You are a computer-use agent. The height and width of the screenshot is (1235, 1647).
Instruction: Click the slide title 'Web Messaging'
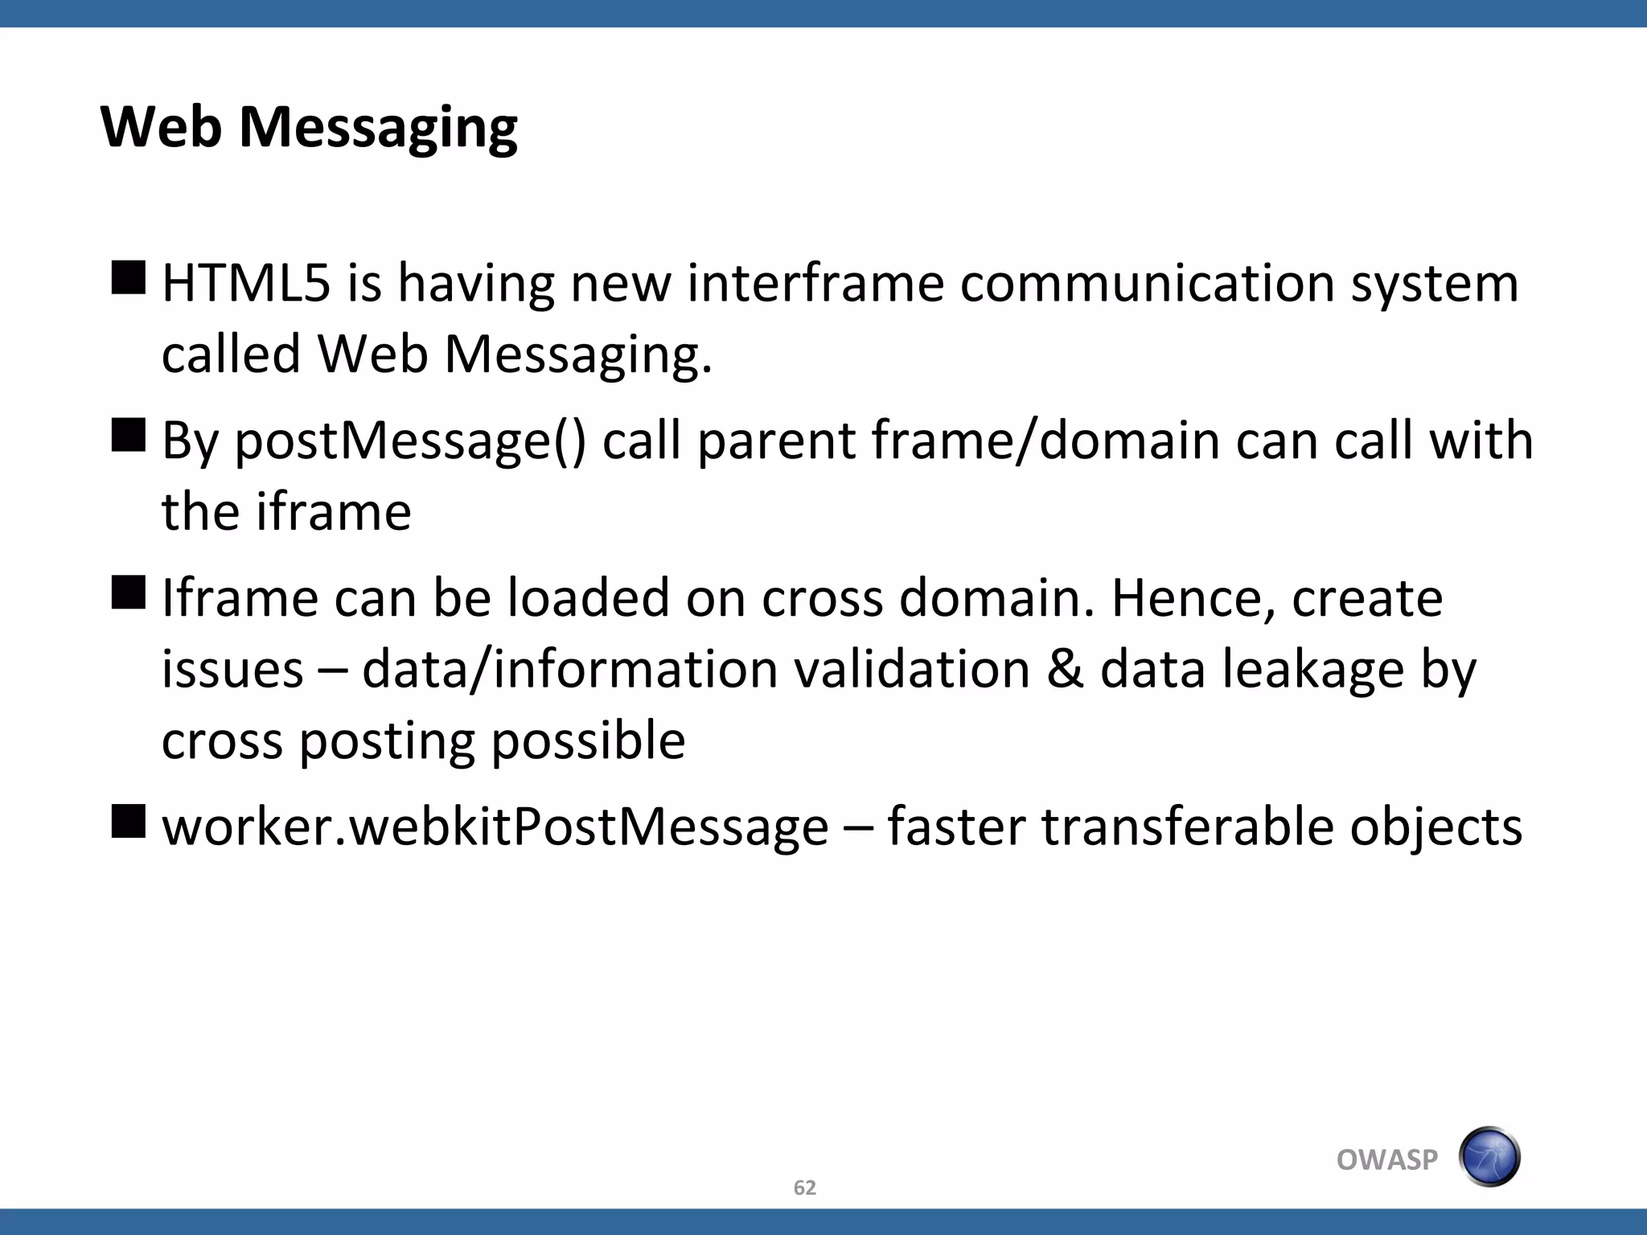[309, 127]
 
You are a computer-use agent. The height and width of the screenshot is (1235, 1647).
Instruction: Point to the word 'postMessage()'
[410, 441]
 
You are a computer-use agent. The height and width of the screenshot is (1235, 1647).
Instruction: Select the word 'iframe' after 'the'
[334, 511]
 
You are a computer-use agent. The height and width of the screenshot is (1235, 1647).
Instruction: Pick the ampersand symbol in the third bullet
[1065, 669]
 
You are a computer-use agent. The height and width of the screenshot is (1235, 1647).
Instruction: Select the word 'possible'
[588, 741]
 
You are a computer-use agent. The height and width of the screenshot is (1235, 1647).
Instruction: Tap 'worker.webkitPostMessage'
[495, 827]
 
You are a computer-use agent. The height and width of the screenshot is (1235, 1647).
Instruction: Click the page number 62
[804, 1188]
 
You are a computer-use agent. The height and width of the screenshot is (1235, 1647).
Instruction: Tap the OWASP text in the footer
[1386, 1159]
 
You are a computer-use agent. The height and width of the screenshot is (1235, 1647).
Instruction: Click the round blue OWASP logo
[1489, 1157]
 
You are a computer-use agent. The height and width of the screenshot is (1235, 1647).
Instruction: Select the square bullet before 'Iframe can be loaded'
[129, 593]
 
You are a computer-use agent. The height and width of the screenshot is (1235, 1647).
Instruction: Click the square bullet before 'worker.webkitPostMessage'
[129, 821]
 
